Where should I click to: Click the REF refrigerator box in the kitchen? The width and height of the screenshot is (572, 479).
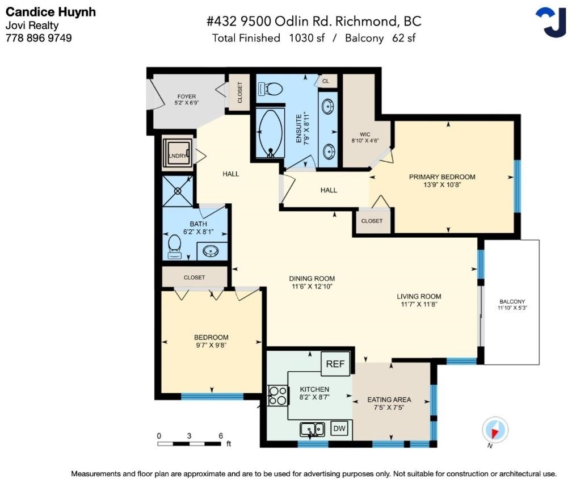335,364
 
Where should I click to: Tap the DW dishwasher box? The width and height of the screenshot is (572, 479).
339,428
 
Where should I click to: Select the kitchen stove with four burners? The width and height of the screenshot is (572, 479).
277,396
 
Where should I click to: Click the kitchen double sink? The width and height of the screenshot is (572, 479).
312,430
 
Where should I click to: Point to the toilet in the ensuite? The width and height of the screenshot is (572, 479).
270,89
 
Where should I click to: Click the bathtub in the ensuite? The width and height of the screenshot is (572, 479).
270,132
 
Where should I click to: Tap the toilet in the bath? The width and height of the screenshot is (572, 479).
174,247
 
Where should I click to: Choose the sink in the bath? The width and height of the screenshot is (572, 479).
211,251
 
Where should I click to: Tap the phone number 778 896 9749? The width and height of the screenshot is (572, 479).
39,38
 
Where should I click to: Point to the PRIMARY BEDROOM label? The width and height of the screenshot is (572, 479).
441,177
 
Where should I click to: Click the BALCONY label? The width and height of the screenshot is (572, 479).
512,301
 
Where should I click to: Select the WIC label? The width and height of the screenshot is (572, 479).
365,135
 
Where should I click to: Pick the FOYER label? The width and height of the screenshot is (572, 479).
186,96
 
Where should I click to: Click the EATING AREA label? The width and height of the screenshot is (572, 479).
389,400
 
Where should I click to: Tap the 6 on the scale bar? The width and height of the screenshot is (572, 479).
221,436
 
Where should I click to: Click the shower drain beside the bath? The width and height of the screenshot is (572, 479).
178,191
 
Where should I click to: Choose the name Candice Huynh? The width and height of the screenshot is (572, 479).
51,12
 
